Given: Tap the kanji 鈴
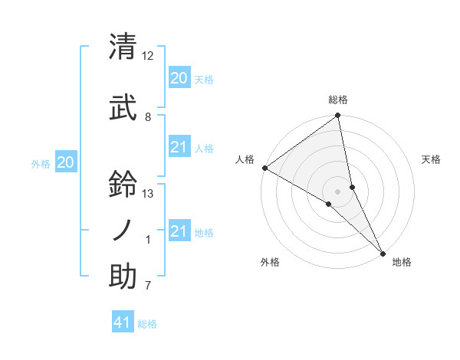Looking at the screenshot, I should (123, 184).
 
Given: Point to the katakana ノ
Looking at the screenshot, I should (123, 230).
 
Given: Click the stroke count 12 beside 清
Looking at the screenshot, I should (148, 56).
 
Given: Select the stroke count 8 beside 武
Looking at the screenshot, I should (148, 117).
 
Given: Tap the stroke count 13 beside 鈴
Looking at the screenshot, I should (148, 194).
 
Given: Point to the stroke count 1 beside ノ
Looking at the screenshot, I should (148, 241).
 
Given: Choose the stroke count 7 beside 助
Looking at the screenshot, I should (148, 287).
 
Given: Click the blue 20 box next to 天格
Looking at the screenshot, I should (179, 78).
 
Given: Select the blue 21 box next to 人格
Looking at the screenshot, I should (179, 147).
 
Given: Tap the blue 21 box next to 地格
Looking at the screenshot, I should (179, 231).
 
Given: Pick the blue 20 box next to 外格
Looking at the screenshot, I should (66, 162).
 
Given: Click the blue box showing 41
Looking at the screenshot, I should (123, 322).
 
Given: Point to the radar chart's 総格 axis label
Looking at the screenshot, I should (337, 100).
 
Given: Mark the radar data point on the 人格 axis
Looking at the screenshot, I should (264, 168).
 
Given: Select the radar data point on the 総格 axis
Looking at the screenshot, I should (337, 116).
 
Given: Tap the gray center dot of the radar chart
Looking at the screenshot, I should (337, 190).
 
